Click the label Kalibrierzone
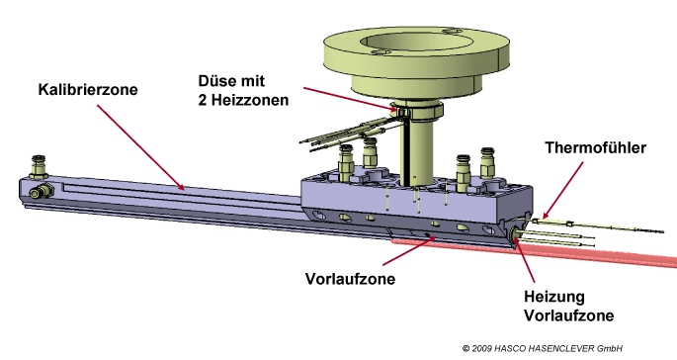pos(88,89)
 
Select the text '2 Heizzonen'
pos(243,100)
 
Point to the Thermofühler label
pos(595,147)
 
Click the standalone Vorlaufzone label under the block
pos(350,279)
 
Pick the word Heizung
pos(554,297)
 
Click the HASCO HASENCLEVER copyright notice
pos(543,348)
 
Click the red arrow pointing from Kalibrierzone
pos(140,147)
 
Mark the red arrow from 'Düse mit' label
pos(351,100)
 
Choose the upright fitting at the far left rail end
pos(38,168)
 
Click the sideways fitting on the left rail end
pos(42,191)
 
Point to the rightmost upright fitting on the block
pos(487,163)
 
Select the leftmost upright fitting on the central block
pos(346,163)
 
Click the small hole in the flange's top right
pos(452,32)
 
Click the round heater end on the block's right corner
pos(515,236)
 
